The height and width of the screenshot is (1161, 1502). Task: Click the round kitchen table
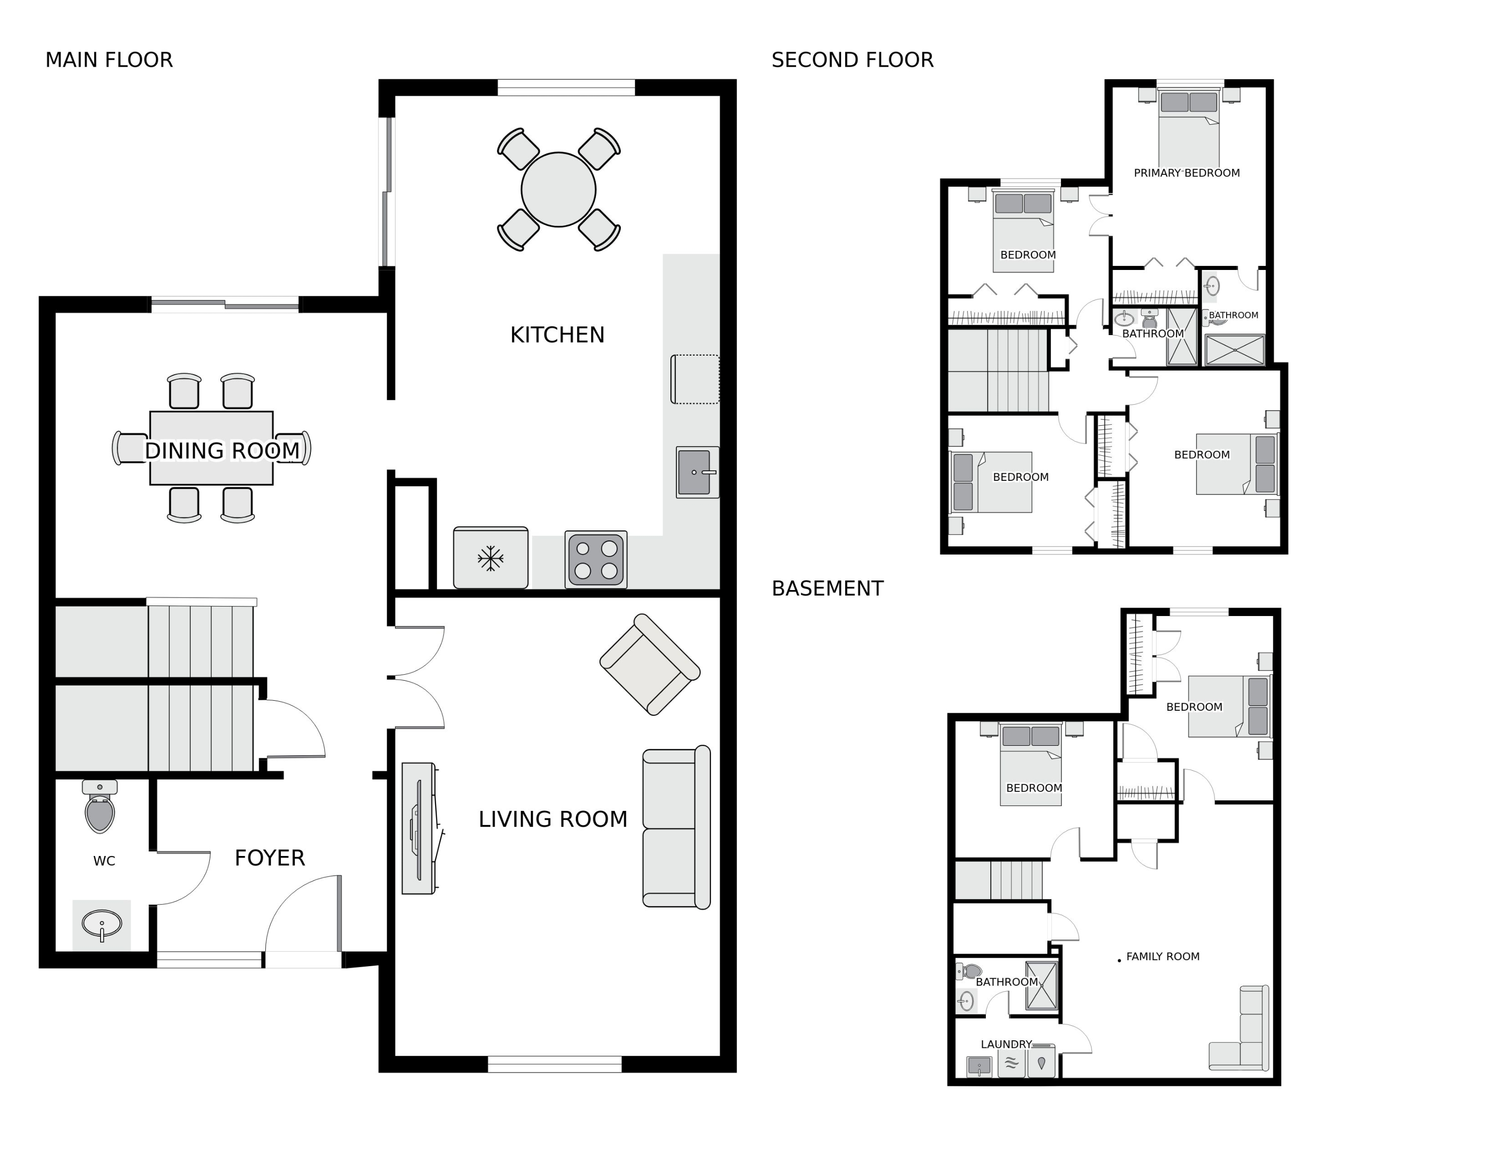coord(558,190)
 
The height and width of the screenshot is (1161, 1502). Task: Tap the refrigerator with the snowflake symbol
coord(490,558)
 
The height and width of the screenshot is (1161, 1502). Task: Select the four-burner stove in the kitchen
coord(596,559)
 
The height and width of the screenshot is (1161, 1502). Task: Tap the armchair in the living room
coord(650,665)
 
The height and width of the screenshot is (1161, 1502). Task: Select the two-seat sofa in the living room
coord(676,827)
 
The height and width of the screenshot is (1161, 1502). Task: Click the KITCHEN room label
coord(557,335)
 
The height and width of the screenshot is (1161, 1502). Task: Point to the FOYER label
coord(269,857)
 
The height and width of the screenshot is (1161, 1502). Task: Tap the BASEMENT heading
coord(827,589)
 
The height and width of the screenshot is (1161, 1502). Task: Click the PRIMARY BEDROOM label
coord(1187,173)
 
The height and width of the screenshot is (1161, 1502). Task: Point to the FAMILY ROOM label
coord(1163,957)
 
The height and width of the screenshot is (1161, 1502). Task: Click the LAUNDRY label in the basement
coord(1006,1044)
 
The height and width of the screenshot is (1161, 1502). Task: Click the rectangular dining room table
coord(211,448)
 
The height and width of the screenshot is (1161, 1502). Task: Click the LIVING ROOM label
coord(553,819)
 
